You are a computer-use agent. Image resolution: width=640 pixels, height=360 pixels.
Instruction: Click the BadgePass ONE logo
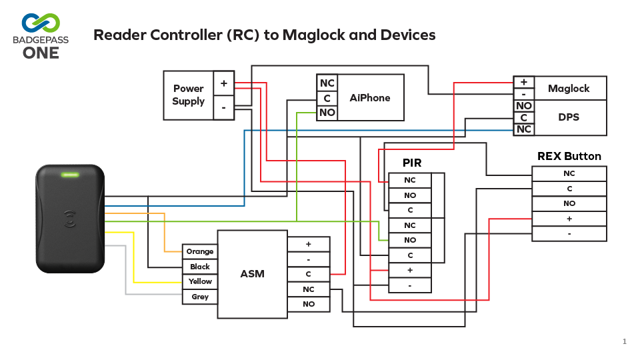coord(41,36)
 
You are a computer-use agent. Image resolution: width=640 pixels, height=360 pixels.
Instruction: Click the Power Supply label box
coord(189,95)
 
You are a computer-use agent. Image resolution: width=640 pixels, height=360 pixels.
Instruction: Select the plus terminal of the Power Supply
coord(224,83)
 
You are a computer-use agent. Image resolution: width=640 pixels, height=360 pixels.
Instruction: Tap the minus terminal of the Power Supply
coord(224,107)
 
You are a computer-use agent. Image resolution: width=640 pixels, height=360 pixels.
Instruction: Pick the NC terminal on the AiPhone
coord(327,83)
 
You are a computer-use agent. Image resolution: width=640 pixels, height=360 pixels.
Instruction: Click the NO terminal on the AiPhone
coord(327,113)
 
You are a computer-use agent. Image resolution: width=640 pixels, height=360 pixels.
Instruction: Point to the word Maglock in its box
coord(569,88)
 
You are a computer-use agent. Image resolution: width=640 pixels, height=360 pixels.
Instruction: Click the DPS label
coord(569,117)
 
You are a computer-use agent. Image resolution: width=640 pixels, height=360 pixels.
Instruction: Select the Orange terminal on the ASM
coord(200,251)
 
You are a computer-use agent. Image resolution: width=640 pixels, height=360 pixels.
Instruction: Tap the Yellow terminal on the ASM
coord(200,281)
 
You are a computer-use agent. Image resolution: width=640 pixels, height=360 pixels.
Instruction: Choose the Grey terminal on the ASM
coord(200,297)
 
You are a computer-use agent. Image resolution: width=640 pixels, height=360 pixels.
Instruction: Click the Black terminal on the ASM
coord(200,267)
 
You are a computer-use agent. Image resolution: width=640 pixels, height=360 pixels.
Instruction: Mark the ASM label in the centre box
coord(252,274)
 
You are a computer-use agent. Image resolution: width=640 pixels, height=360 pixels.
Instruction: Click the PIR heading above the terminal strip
coord(412,163)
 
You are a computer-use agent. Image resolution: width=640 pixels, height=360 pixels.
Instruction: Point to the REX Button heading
coord(569,156)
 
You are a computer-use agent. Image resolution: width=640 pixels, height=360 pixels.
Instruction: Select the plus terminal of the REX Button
coord(569,219)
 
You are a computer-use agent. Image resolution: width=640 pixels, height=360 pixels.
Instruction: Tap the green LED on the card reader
coord(70,175)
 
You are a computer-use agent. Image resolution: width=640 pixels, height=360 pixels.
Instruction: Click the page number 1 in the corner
coord(625,341)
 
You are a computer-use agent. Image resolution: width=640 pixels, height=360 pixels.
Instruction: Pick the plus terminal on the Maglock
coord(524,82)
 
